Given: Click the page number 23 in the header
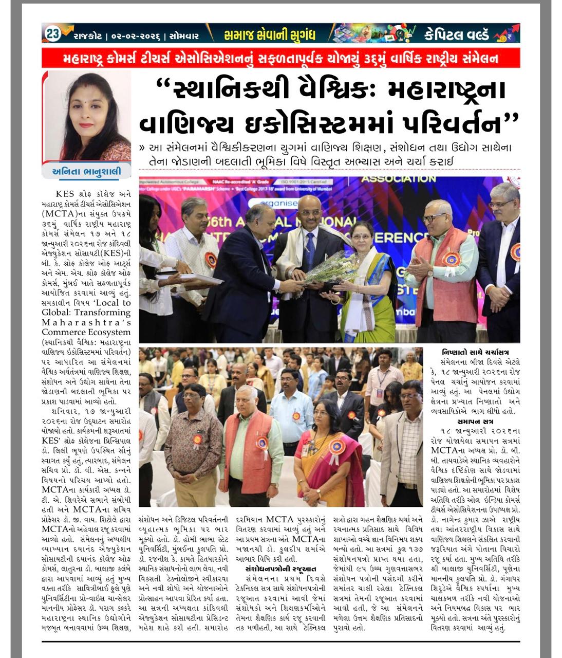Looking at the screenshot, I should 53,34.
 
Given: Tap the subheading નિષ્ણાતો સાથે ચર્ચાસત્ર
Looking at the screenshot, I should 475,353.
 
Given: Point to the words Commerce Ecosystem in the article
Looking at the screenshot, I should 86,332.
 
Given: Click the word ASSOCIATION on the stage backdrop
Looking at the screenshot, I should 398,179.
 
